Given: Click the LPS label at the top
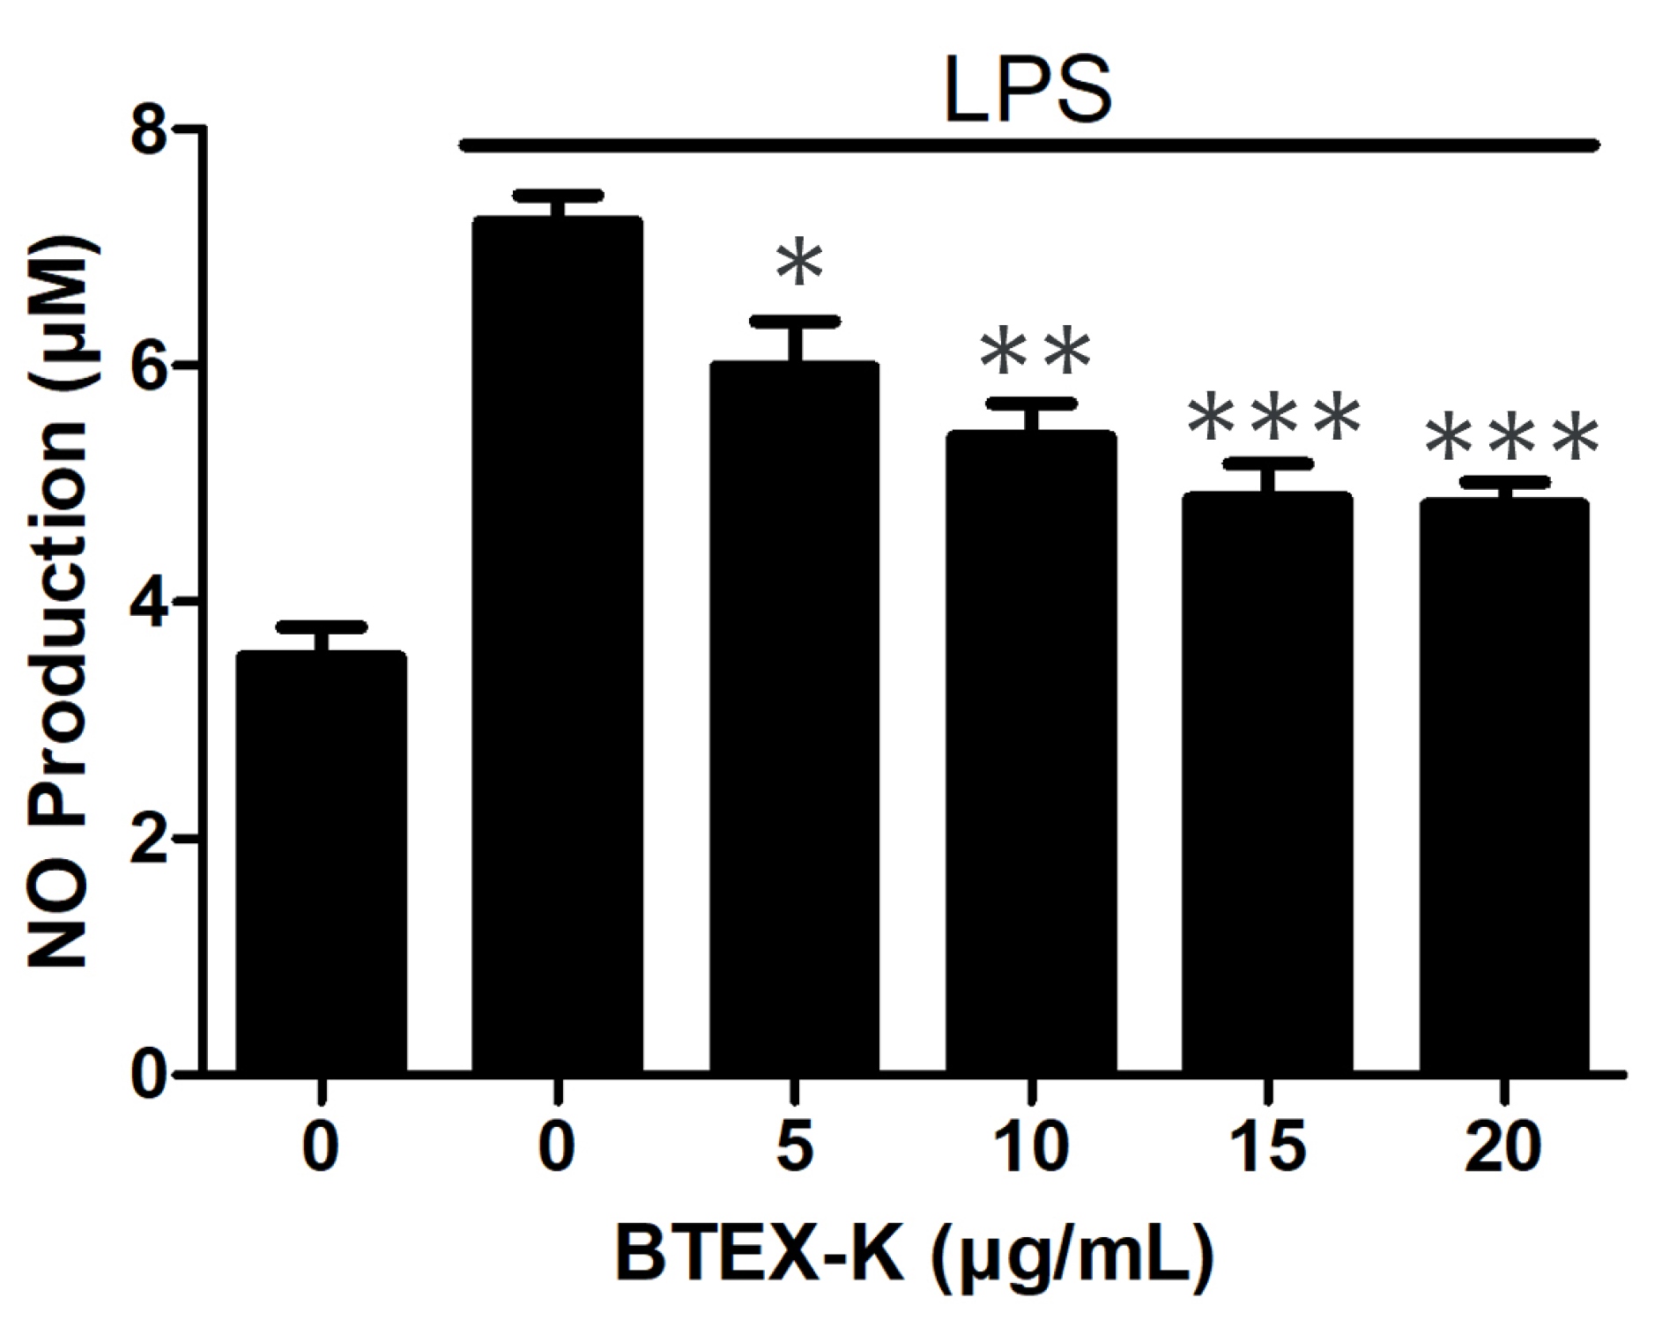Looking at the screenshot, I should coord(1028,90).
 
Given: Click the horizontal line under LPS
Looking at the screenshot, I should coord(1028,145).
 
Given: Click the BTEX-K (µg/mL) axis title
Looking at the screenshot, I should coord(914,1253).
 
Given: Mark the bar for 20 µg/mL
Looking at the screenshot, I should coord(1503,784).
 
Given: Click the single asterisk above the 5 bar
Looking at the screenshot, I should coord(799,262).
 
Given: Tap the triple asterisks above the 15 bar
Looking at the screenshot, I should coord(1273,418).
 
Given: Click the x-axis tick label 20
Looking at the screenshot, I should coord(1503,1146).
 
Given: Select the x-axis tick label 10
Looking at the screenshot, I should coord(1031,1146).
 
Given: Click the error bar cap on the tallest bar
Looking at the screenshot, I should coord(557,196).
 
